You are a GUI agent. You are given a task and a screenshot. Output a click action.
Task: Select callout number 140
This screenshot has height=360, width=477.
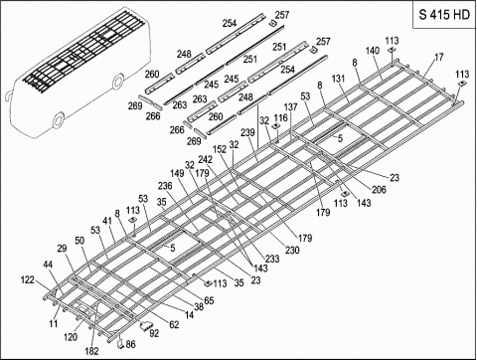(x=373, y=50)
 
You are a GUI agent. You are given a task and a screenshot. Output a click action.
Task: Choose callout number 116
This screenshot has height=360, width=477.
(x=281, y=118)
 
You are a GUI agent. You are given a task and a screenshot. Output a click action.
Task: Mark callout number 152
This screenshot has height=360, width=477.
(x=220, y=149)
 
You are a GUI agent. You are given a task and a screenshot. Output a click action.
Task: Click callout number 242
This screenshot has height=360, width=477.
(x=205, y=159)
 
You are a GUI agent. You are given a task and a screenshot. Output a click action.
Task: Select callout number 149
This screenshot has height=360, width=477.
(x=178, y=173)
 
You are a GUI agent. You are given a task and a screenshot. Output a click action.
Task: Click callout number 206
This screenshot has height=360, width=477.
(x=351, y=189)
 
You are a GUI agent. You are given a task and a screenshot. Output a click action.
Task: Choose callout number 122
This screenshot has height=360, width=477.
(x=27, y=281)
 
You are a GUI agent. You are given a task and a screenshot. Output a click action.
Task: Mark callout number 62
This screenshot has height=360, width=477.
(x=174, y=323)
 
